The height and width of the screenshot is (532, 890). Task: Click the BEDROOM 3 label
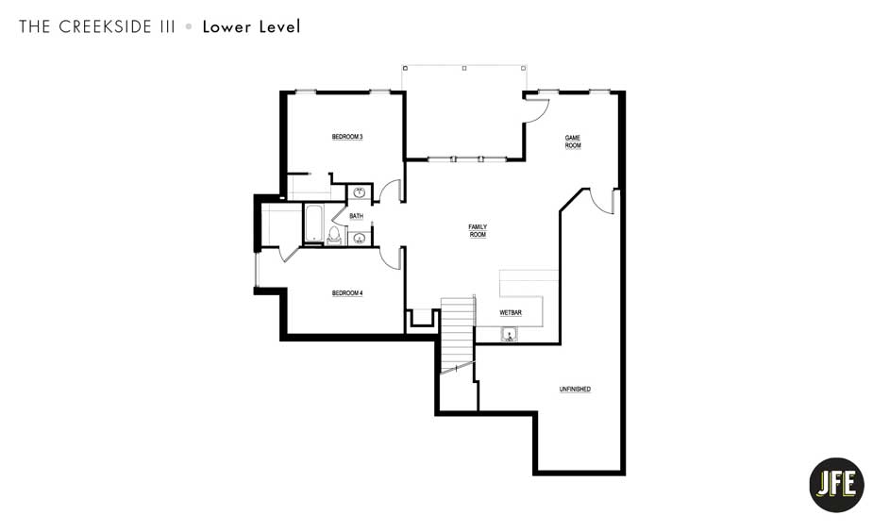tap(347, 138)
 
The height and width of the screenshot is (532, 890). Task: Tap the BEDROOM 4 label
tap(347, 293)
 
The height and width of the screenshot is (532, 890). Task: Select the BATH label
tap(356, 216)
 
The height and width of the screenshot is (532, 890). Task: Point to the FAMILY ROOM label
tap(478, 230)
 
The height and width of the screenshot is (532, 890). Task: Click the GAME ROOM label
tap(573, 141)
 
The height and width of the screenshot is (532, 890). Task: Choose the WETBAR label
tap(511, 312)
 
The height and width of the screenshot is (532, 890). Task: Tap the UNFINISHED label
tap(575, 390)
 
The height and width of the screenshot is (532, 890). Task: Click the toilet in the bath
tap(334, 233)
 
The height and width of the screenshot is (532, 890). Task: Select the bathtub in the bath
tap(312, 224)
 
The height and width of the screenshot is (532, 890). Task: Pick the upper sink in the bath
tap(360, 193)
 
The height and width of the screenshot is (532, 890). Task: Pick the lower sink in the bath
tap(360, 238)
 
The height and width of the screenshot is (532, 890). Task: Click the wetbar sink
tap(509, 333)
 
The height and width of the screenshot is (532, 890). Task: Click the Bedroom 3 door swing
tap(392, 191)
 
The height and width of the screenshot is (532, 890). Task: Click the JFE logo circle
tap(836, 485)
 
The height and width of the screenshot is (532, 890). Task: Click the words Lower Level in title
tap(251, 27)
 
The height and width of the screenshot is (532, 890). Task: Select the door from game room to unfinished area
tap(601, 201)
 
